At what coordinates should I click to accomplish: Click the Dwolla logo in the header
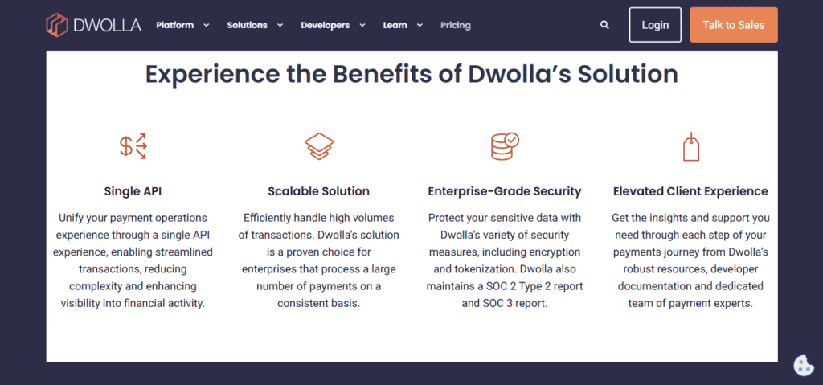point(93,25)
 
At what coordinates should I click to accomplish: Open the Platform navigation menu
point(182,25)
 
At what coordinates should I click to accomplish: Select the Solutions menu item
point(255,25)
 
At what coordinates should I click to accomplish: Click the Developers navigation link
point(334,25)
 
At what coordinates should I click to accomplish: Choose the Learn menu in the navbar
point(403,25)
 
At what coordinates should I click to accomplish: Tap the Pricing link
point(456,25)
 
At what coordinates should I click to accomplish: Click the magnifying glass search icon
point(604,25)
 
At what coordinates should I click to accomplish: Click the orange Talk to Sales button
point(734,25)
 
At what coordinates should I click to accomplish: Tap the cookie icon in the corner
point(803,366)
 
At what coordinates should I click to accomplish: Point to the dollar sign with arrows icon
point(133,146)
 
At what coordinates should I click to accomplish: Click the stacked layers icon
point(319,146)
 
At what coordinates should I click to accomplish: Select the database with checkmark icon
point(505,146)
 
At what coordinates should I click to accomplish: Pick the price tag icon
point(690,146)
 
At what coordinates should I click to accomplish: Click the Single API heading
point(133,192)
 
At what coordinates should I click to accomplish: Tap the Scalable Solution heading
point(318,192)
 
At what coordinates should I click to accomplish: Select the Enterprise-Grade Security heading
point(505,192)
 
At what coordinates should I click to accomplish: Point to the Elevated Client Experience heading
point(690,192)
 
